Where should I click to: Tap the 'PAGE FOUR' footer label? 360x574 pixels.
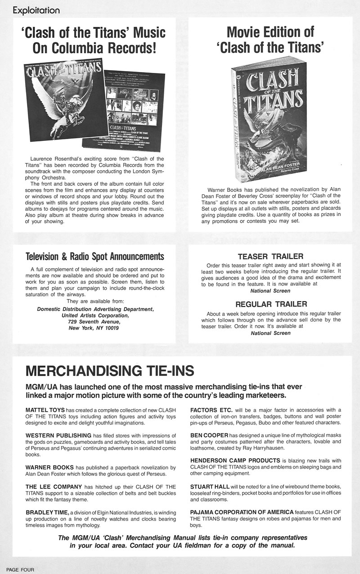tap(17, 569)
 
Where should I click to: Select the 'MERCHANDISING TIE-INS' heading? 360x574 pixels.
tap(110, 371)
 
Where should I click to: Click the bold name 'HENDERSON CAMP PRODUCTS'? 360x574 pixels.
tap(235, 461)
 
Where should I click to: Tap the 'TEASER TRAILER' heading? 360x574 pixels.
tap(270, 257)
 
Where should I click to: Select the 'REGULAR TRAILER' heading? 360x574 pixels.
tap(270, 304)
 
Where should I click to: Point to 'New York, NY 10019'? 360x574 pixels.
tap(94, 328)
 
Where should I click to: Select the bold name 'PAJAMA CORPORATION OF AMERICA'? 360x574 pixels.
tap(242, 512)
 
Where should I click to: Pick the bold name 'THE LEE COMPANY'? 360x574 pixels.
tap(54, 487)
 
